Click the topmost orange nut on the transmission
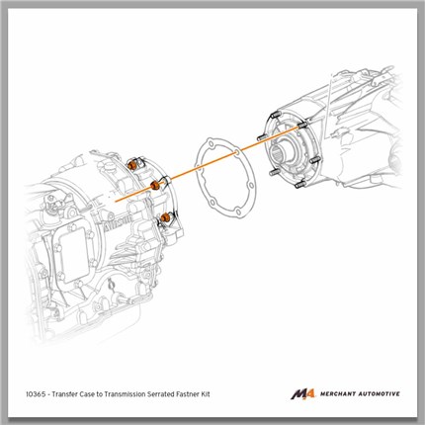pyautogui.click(x=132, y=164)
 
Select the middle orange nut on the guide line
pyautogui.click(x=154, y=186)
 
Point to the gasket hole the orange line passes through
pyautogui.click(x=237, y=152)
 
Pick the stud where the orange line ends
pyautogui.click(x=302, y=126)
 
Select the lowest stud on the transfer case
pyautogui.click(x=299, y=185)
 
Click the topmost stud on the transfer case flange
pyautogui.click(x=275, y=115)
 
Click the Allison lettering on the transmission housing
pyautogui.click(x=119, y=223)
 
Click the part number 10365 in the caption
pyautogui.click(x=36, y=394)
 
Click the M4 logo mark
pyautogui.click(x=303, y=394)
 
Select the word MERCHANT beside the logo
pyautogui.click(x=337, y=393)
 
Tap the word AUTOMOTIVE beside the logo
pyautogui.click(x=379, y=393)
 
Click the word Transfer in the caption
pyautogui.click(x=66, y=394)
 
